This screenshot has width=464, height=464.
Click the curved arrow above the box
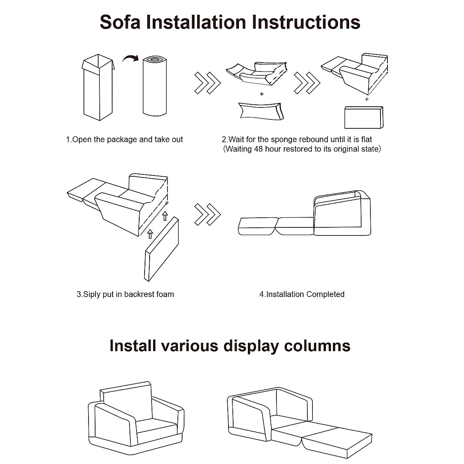[131, 58]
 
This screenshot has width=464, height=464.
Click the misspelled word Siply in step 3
[92, 294]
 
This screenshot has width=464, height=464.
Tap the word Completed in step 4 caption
[325, 294]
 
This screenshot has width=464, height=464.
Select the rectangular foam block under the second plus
[364, 118]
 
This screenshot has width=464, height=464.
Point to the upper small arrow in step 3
[165, 216]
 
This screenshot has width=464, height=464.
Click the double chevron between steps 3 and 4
[207, 214]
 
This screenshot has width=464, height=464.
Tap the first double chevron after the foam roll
[207, 82]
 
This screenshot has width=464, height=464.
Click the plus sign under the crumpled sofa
[262, 94]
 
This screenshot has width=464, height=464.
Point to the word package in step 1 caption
[121, 140]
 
